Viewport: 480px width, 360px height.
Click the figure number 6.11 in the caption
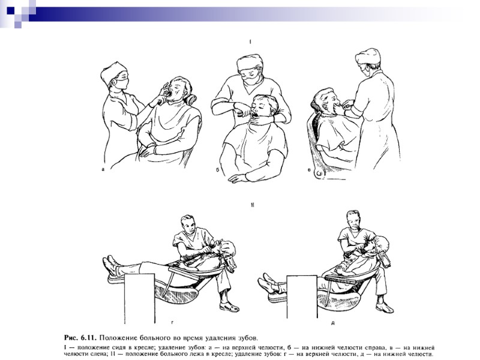pos(88,338)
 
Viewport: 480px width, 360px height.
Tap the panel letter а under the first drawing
pos(103,169)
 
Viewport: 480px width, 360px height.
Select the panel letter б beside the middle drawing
pos(218,169)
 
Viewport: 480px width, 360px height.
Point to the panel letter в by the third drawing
pos(310,169)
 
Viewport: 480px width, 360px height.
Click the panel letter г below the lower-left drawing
pos(173,322)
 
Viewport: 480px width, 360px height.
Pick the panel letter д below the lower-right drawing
pos(333,323)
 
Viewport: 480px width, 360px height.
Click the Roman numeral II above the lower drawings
pos(252,205)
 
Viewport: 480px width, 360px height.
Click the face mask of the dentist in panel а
pos(122,83)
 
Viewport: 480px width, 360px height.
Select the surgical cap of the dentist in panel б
pos(250,62)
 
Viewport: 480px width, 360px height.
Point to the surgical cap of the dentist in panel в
pos(368,56)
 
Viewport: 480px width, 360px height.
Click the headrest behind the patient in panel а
pos(191,99)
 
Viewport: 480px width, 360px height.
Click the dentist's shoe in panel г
pos(229,307)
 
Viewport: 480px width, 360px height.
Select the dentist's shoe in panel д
pos(385,307)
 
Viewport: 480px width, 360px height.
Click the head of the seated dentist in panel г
pos(188,224)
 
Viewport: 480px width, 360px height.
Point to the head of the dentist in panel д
pos(353,220)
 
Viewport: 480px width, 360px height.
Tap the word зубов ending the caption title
pos(248,338)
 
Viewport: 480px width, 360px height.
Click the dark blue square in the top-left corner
pos(11,11)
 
